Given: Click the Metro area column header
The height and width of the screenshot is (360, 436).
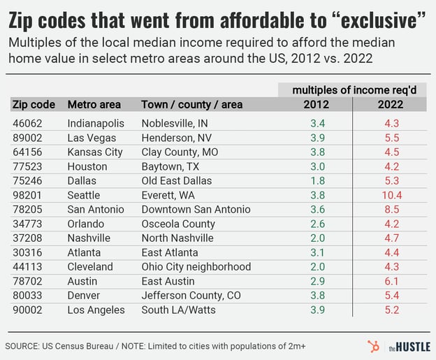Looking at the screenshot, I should (x=94, y=105).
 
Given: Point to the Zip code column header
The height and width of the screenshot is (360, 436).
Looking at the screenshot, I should (x=34, y=105).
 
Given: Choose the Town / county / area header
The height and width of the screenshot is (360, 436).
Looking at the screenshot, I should (x=192, y=105).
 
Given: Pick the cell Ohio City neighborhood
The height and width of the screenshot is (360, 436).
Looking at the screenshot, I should (x=196, y=266).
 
